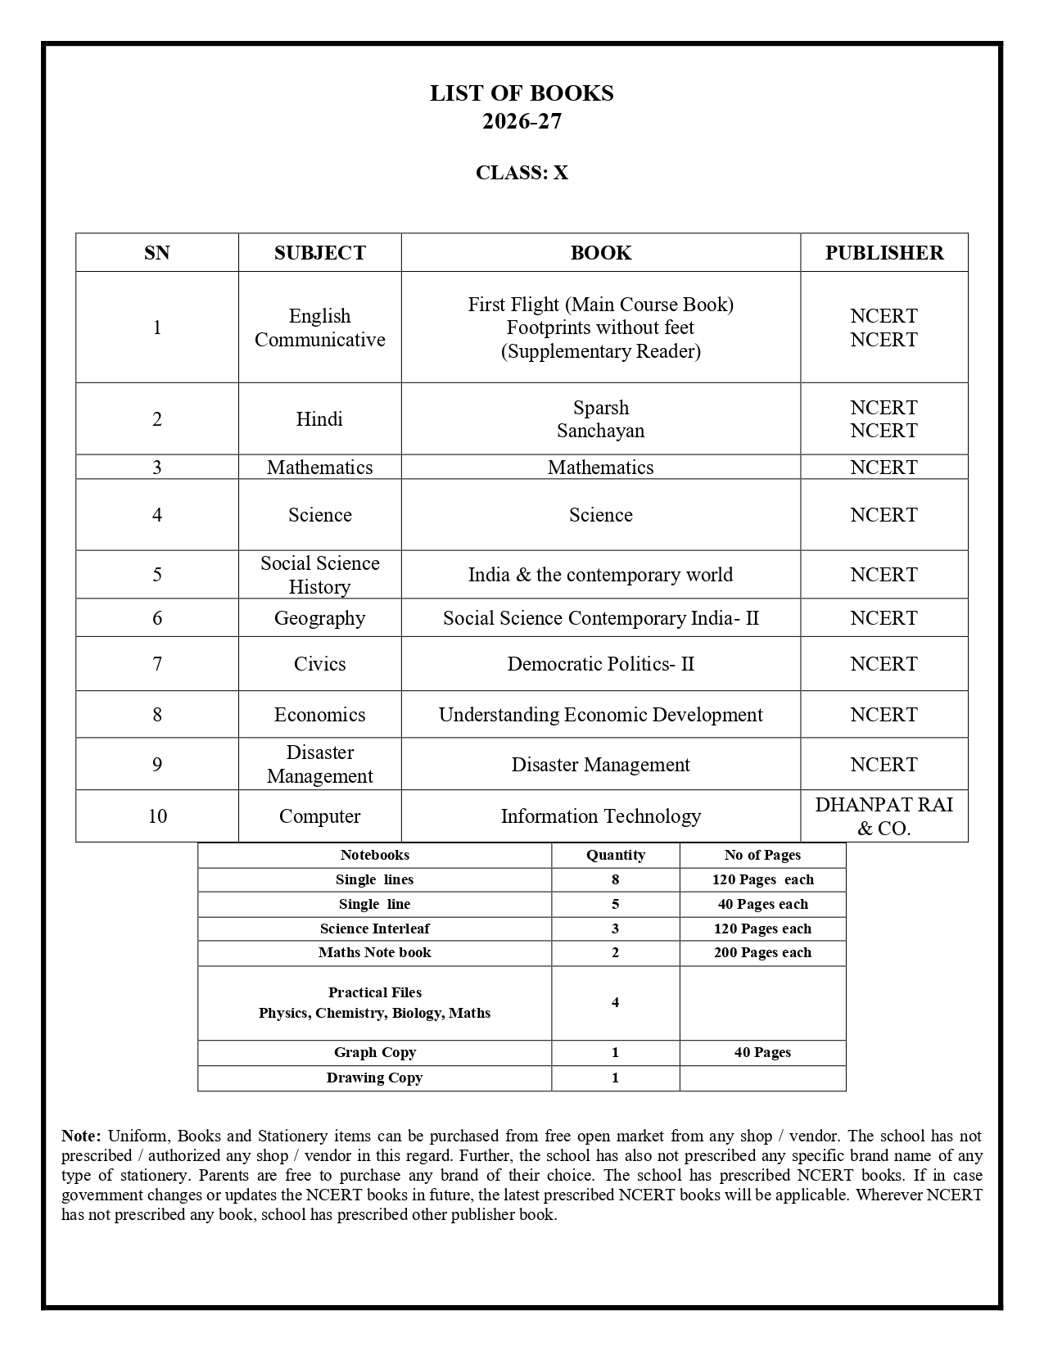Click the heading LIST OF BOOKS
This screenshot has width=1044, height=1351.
(522, 93)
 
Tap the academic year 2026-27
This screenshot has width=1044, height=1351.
(522, 121)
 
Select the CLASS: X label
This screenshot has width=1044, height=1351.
(522, 173)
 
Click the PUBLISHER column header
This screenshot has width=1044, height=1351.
(884, 253)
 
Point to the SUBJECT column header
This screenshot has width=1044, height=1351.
(319, 253)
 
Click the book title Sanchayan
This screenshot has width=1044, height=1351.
(600, 431)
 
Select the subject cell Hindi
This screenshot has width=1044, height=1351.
(319, 419)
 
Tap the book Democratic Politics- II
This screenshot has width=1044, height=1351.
(600, 664)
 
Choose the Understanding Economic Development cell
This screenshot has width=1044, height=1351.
(600, 715)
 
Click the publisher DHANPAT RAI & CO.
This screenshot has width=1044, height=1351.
(884, 816)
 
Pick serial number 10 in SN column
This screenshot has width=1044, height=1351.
(156, 816)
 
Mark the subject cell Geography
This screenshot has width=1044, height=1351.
(319, 618)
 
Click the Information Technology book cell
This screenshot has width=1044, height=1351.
(600, 816)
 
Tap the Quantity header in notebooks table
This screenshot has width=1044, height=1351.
(615, 855)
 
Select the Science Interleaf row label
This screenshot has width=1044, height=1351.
(374, 929)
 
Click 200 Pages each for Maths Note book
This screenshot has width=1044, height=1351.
(762, 952)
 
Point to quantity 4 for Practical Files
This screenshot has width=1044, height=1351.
(615, 1002)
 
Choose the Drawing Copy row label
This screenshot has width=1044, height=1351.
(374, 1078)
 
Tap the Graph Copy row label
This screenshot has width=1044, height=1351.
(374, 1052)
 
